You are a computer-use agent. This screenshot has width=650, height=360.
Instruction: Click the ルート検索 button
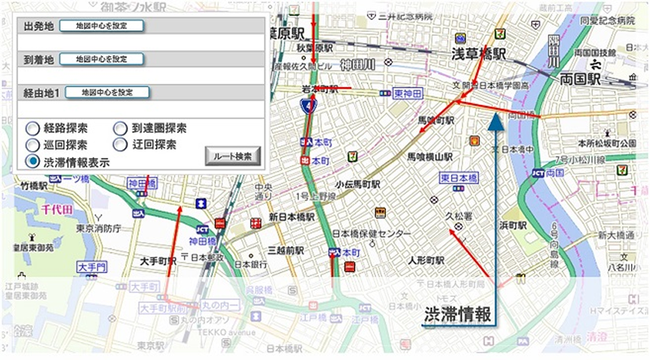coord(233,156)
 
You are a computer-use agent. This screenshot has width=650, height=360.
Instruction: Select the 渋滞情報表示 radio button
coord(33,161)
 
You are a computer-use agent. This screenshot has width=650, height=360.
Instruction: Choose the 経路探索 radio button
coord(33,128)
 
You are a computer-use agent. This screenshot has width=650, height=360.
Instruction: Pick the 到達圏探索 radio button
coord(121,128)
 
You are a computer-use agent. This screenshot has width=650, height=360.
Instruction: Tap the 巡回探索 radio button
coord(33,144)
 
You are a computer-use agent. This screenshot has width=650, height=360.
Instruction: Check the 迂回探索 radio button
coord(121,144)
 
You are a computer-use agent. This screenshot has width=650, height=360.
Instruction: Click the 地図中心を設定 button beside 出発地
coord(101,26)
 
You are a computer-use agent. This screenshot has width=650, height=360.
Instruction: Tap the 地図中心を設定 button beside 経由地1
coord(107,92)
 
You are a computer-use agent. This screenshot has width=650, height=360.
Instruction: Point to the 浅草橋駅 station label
coord(478,54)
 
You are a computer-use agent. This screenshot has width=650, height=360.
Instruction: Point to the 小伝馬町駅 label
coord(359,185)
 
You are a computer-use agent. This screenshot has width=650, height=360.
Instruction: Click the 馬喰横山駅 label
coord(430,156)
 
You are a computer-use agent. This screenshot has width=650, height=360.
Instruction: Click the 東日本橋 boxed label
coord(459,178)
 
